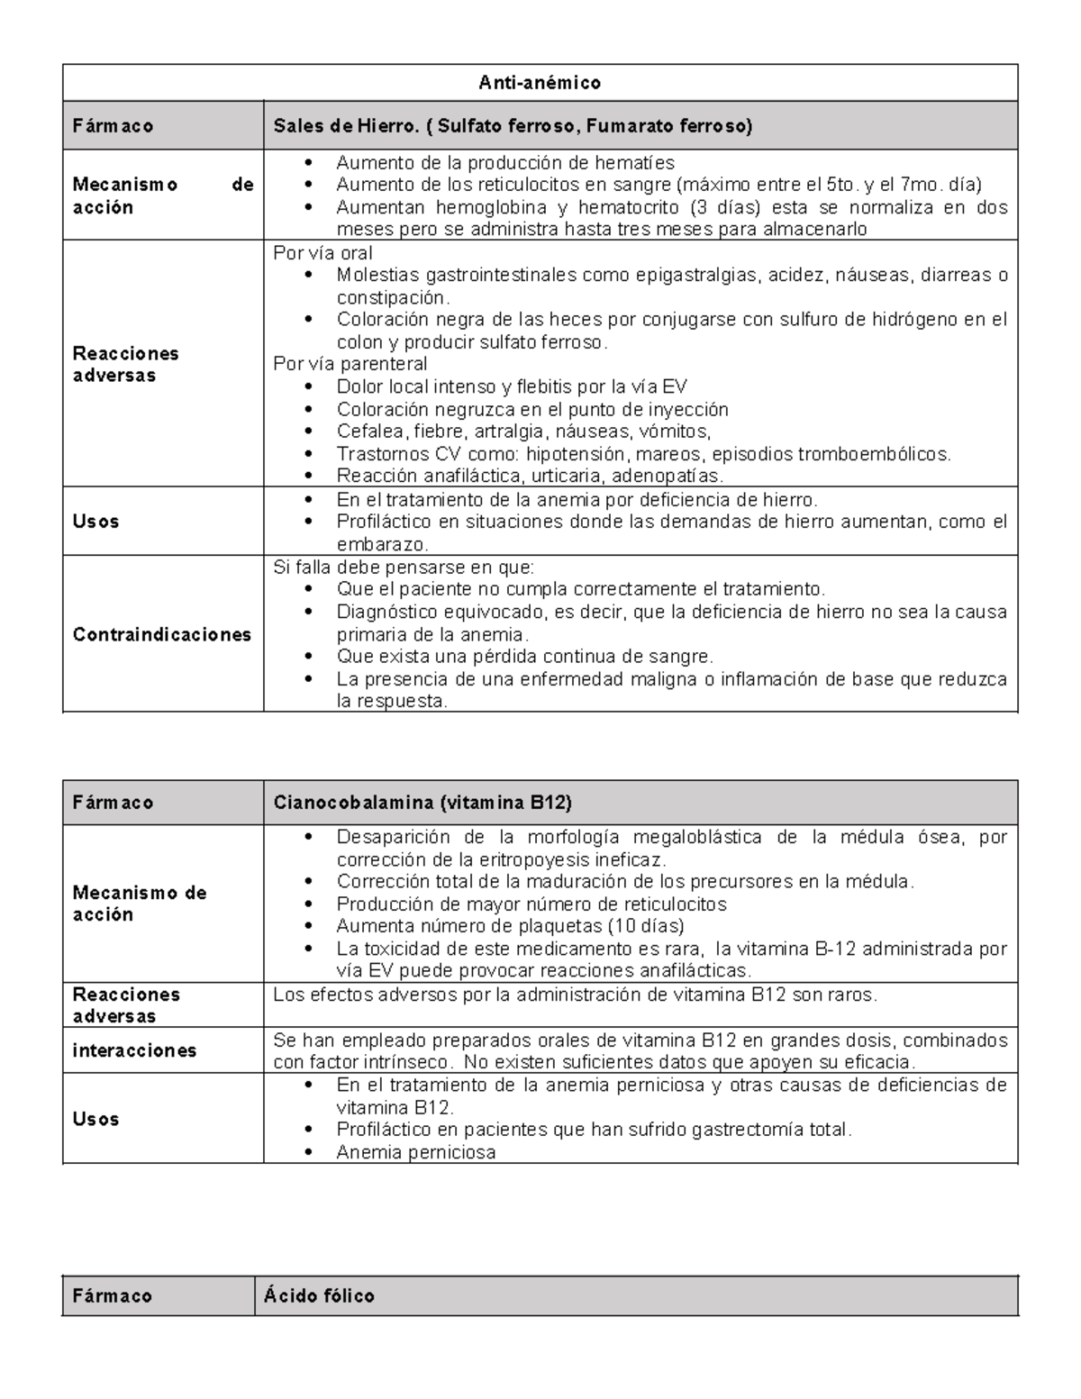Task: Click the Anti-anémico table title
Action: click(x=540, y=83)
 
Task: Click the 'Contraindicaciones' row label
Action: click(x=162, y=634)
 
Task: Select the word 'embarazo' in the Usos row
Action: click(x=381, y=544)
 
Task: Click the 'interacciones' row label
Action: click(x=134, y=1050)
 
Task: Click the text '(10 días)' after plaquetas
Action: click(x=646, y=926)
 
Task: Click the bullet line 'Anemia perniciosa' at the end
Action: click(x=415, y=1151)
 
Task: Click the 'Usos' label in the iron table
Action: click(x=95, y=522)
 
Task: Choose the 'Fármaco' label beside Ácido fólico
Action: click(x=113, y=1295)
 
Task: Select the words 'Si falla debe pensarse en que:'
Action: click(x=404, y=568)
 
